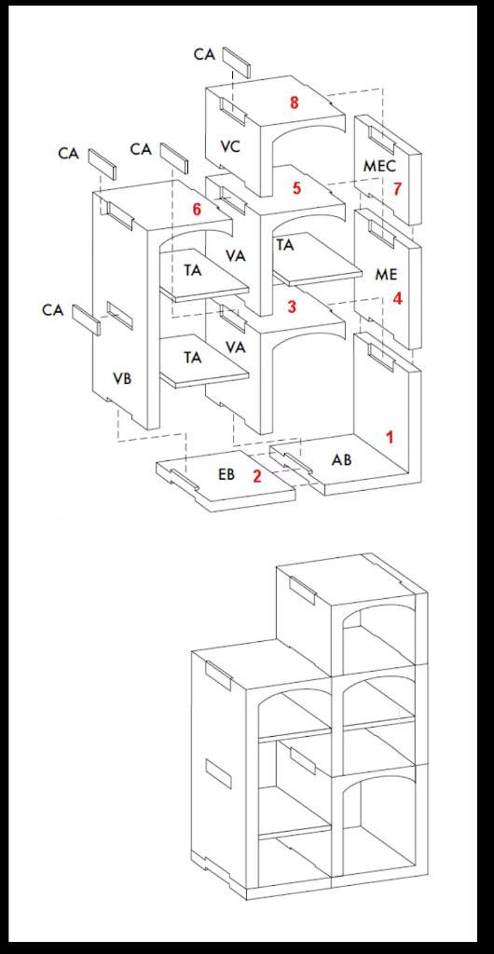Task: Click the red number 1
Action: [390, 436]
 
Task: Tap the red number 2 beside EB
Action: [257, 475]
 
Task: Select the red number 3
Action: [292, 307]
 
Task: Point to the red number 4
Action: [397, 299]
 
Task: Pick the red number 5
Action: [296, 188]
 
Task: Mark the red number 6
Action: [197, 210]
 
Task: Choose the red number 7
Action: [397, 189]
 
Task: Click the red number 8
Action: [295, 102]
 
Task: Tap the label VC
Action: [231, 146]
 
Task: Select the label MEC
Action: [379, 166]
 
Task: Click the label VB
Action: [122, 379]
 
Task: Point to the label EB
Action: [226, 474]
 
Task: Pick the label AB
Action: [341, 459]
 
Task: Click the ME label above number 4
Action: [386, 275]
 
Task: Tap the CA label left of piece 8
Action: [204, 55]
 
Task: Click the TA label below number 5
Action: [285, 245]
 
